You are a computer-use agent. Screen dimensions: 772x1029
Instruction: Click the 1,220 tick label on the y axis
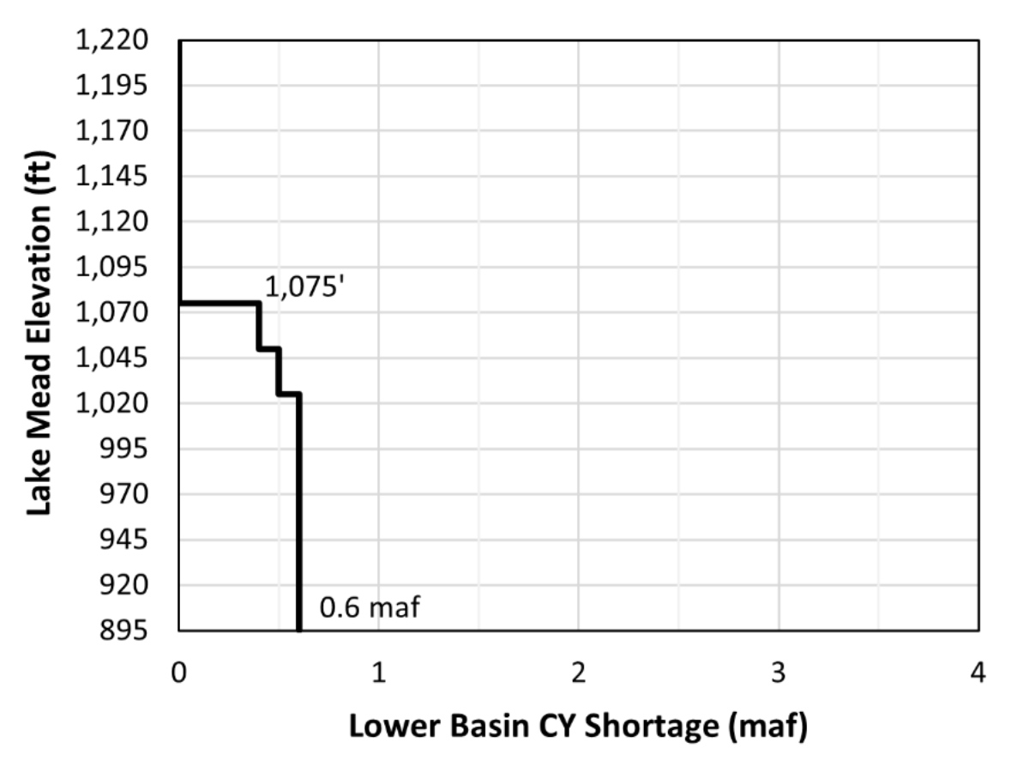point(112,40)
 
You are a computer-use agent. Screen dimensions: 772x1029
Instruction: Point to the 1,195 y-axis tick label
point(112,86)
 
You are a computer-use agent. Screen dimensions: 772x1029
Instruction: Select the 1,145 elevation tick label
point(112,177)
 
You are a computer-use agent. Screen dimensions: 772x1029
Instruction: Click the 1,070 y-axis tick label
point(112,313)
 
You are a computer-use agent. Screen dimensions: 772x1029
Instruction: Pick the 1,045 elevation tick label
point(112,359)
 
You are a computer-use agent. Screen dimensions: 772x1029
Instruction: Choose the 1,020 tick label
point(112,404)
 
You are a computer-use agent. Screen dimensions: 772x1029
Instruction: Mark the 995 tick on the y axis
point(124,449)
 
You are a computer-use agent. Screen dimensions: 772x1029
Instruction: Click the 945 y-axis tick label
point(124,540)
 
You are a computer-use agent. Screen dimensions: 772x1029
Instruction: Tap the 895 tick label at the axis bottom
point(124,631)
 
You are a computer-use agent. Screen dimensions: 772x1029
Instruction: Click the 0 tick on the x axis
point(179,672)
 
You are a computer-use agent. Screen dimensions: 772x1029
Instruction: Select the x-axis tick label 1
point(379,672)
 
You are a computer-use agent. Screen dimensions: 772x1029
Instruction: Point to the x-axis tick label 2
point(579,672)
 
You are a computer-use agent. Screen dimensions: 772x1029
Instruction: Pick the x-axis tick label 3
point(779,672)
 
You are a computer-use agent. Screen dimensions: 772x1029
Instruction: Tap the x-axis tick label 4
point(978,672)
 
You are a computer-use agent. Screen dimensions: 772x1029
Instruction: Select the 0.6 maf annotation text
point(370,609)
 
